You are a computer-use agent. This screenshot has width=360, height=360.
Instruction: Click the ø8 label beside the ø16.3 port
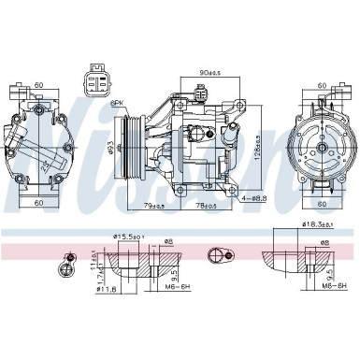[326, 243]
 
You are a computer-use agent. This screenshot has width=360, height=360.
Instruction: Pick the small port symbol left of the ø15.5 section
[68, 264]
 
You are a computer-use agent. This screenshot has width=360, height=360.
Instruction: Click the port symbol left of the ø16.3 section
[222, 252]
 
